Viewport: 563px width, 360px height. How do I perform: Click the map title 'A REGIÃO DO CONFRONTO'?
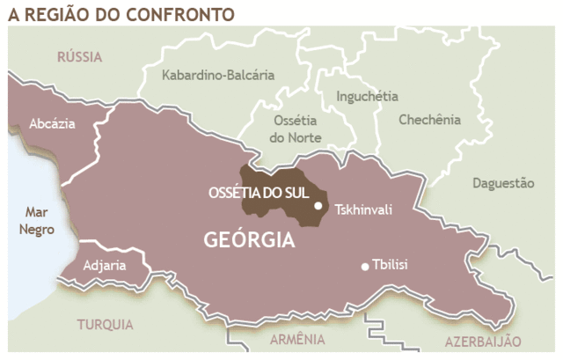click(121, 13)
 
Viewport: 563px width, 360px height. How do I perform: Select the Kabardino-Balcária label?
click(218, 75)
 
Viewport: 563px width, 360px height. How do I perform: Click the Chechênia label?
click(429, 119)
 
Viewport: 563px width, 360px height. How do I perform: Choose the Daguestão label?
click(503, 183)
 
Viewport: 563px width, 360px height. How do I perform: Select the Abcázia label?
click(52, 124)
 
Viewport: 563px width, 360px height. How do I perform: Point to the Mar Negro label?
click(37, 221)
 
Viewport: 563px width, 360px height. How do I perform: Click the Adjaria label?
click(105, 265)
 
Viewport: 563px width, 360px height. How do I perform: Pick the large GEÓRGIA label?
click(249, 239)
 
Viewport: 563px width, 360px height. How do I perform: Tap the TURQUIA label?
click(105, 324)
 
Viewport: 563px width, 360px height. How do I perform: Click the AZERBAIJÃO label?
click(483, 341)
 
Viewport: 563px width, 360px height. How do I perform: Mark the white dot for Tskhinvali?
click(318, 206)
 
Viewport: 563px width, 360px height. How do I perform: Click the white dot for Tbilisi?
click(365, 267)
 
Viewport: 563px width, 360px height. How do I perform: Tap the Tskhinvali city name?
click(363, 209)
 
